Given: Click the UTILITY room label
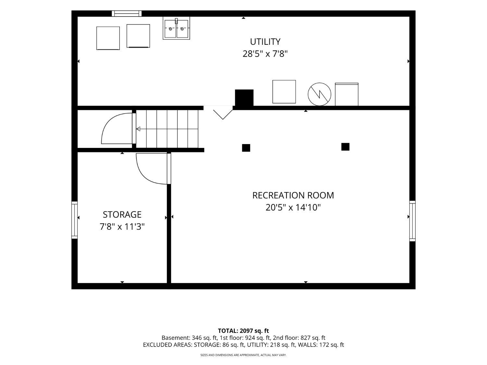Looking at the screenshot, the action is click(x=265, y=42).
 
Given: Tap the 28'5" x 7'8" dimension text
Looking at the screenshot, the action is click(x=265, y=54).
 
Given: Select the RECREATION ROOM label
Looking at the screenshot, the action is click(x=293, y=195).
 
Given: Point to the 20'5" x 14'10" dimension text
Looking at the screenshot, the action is click(x=293, y=208).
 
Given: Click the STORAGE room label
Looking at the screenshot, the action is click(x=122, y=214).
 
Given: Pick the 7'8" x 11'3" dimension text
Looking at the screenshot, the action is click(x=122, y=227).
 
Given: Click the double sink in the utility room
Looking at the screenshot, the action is click(x=176, y=28).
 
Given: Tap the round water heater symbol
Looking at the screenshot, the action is click(x=319, y=94).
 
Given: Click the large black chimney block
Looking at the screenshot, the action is click(x=244, y=98).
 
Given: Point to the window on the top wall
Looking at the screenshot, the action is click(x=127, y=14).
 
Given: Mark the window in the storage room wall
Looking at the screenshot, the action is click(x=75, y=220).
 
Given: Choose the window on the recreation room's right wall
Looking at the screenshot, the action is click(x=412, y=221).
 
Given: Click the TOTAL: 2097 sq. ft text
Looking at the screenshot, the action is click(x=243, y=331).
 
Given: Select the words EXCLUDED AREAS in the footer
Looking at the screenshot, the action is click(x=167, y=345).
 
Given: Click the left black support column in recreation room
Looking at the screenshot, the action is click(x=246, y=148).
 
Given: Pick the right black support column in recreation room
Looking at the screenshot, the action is click(x=345, y=147).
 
